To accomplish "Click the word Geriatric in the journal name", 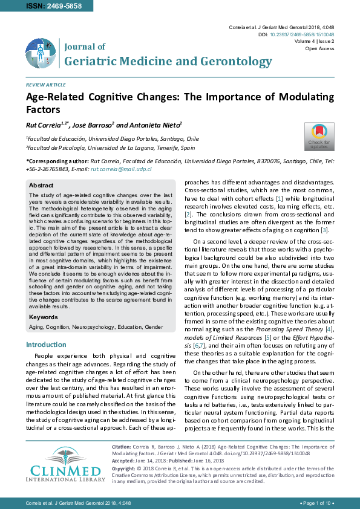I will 91,61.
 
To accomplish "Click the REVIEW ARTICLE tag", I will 45,85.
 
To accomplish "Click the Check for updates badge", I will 319,137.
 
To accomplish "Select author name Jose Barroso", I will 92,125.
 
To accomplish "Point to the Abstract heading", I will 41,186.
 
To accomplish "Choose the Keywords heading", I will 44,317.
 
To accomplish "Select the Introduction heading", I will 46,345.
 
